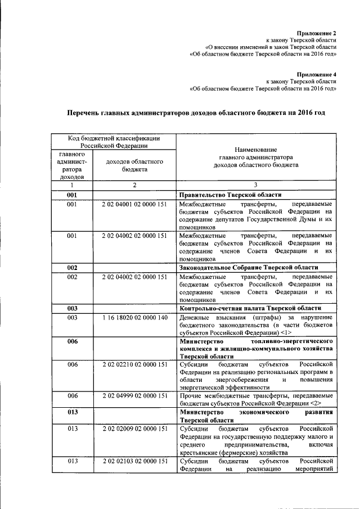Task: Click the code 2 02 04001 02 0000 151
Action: [134, 205]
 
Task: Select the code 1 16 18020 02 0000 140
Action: [134, 318]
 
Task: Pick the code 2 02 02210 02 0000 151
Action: [134, 364]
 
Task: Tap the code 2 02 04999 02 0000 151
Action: [134, 396]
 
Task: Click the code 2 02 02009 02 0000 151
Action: [134, 429]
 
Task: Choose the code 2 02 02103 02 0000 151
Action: [134, 461]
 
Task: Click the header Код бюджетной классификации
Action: [114, 138]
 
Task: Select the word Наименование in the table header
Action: [256, 150]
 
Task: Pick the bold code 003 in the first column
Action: [72, 308]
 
